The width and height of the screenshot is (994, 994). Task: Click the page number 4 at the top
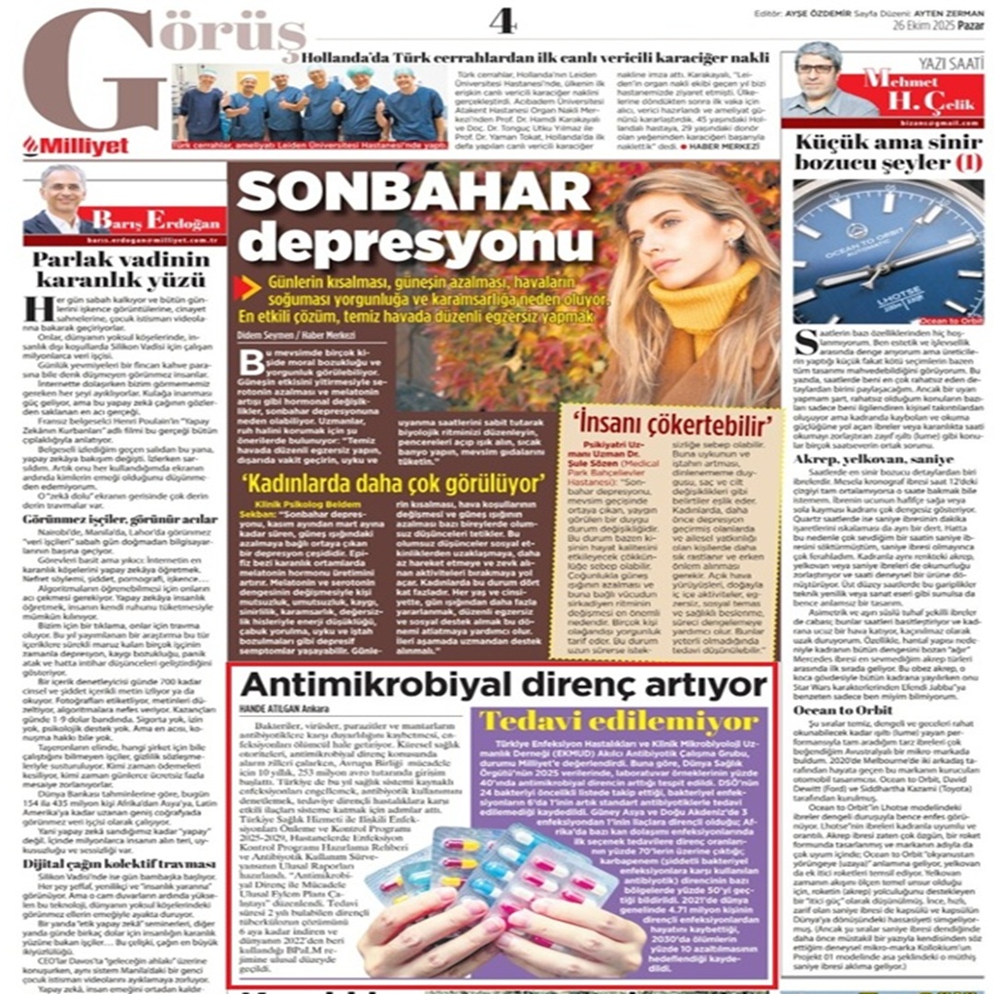point(503,21)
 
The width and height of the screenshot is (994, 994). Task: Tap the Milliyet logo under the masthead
point(76,145)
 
